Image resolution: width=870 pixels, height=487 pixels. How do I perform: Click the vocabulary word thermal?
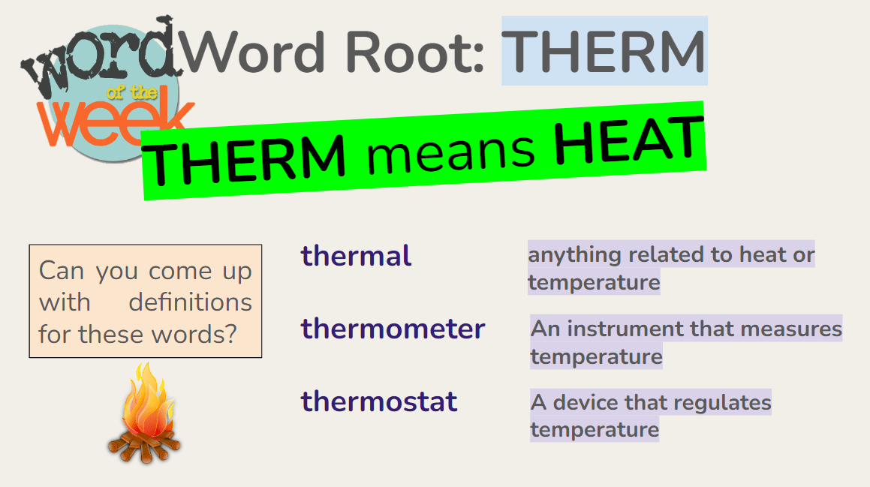click(x=356, y=257)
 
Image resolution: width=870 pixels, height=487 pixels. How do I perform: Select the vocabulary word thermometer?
click(x=393, y=329)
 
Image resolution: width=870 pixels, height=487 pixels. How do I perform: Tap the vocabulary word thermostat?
click(x=379, y=401)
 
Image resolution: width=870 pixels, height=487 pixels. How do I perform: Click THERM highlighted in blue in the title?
click(x=605, y=51)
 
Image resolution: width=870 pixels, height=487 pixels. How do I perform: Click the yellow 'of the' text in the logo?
click(x=131, y=92)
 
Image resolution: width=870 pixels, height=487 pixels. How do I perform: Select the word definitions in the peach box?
click(x=191, y=302)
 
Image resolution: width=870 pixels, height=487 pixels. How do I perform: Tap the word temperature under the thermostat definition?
click(x=595, y=430)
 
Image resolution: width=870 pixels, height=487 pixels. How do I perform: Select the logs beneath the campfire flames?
click(x=144, y=446)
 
